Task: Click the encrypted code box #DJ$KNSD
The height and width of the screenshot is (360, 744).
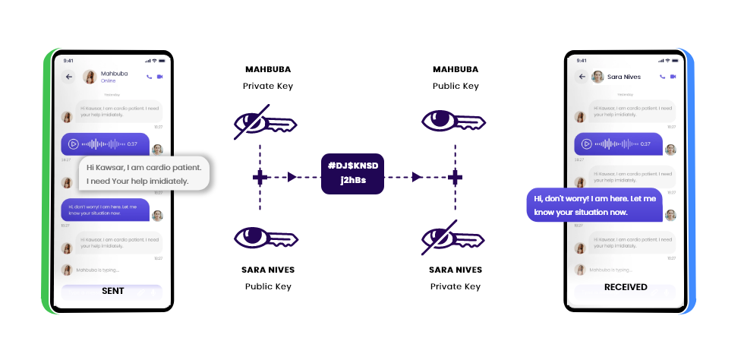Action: (353, 177)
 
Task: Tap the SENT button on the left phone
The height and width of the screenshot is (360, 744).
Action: (112, 291)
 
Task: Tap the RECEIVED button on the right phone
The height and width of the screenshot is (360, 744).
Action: (626, 288)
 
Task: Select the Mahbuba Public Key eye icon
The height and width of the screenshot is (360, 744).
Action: (454, 122)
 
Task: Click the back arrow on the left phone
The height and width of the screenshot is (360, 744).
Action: (69, 77)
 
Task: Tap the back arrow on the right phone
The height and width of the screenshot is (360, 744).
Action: (581, 77)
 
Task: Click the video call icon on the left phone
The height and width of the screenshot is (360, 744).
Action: (161, 77)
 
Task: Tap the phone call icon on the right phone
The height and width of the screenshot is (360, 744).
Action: (663, 77)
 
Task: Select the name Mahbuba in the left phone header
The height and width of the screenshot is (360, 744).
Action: (114, 74)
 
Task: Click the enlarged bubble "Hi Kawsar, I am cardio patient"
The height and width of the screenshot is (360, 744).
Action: (143, 174)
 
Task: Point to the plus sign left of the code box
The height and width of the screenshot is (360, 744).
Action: (260, 177)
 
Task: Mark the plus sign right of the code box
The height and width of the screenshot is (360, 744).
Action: (455, 177)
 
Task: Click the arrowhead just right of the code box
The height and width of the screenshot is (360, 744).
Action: (416, 177)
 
